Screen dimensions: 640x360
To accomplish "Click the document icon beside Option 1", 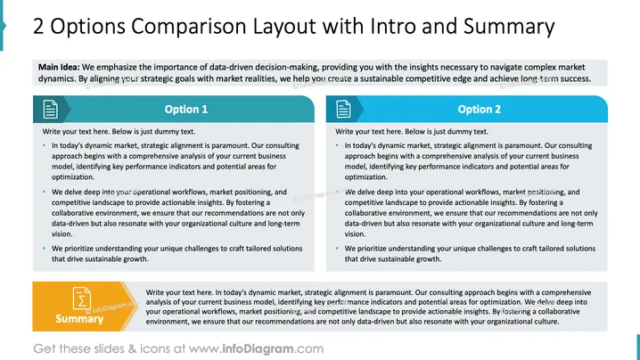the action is click(x=50, y=110).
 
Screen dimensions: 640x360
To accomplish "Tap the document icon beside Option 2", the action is click(x=343, y=110).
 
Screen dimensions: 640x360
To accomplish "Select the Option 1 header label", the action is click(x=186, y=110).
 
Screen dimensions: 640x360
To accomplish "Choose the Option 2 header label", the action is click(x=480, y=110).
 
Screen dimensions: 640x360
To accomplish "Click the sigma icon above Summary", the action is click(x=82, y=299).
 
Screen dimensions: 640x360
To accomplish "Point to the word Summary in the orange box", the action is click(x=79, y=319).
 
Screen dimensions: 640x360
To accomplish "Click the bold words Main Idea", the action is click(x=59, y=67).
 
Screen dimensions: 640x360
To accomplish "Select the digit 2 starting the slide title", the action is click(x=38, y=27).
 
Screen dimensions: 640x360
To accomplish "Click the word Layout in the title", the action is click(x=285, y=27).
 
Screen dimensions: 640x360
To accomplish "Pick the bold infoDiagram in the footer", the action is click(x=258, y=348).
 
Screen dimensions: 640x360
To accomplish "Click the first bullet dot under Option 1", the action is click(x=44, y=145).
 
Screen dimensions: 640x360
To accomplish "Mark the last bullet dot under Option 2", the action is click(x=337, y=248).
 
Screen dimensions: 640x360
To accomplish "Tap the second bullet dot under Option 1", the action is click(x=44, y=192).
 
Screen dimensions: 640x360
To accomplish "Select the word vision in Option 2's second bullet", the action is click(x=355, y=233).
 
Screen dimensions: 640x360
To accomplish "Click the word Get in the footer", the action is click(x=45, y=348).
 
